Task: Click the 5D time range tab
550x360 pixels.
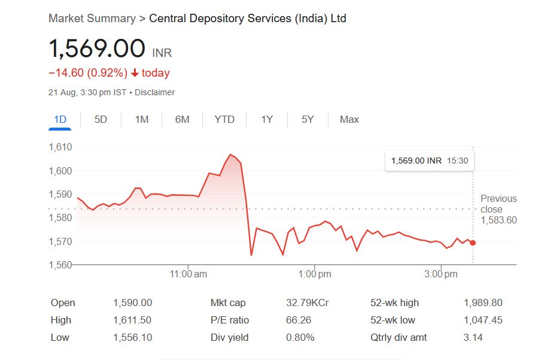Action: tap(101, 119)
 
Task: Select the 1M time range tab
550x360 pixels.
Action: tap(141, 119)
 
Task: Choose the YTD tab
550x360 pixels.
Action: tap(224, 119)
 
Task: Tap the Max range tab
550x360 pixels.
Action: tap(349, 119)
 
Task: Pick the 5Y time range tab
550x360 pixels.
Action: tap(308, 119)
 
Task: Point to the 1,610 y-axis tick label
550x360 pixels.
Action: tap(60, 147)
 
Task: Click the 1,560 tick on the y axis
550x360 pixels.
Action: tap(60, 265)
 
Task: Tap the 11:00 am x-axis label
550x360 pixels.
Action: tap(189, 274)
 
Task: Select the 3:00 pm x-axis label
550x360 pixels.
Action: tap(442, 274)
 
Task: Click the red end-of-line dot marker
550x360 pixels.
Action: tap(473, 243)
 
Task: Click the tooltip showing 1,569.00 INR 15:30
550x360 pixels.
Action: tap(429, 161)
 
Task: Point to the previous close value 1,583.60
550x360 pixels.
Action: tap(499, 220)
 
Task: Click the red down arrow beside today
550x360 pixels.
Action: tap(135, 73)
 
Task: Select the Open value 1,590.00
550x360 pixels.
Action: tap(132, 303)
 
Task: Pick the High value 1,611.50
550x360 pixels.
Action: tap(132, 320)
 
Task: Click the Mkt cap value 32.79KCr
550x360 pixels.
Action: tap(307, 303)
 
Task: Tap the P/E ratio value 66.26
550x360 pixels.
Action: tap(299, 320)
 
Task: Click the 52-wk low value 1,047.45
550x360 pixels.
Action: tap(482, 320)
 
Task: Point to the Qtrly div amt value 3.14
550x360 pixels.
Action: tap(473, 338)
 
